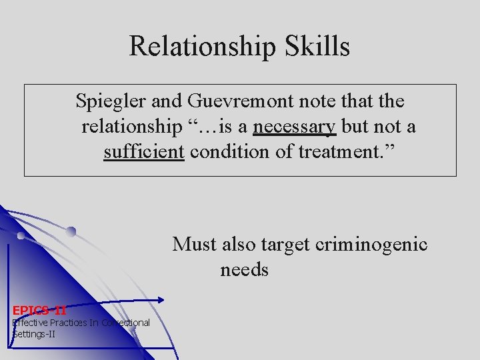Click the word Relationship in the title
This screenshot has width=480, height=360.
coord(198,46)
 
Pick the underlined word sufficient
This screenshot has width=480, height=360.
coord(144,152)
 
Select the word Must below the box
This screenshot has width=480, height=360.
coord(195,245)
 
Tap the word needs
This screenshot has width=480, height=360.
coord(244,270)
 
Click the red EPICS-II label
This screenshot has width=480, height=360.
coord(39,309)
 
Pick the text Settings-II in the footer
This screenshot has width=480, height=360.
coord(34,333)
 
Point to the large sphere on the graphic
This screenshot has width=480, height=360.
coord(71,231)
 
